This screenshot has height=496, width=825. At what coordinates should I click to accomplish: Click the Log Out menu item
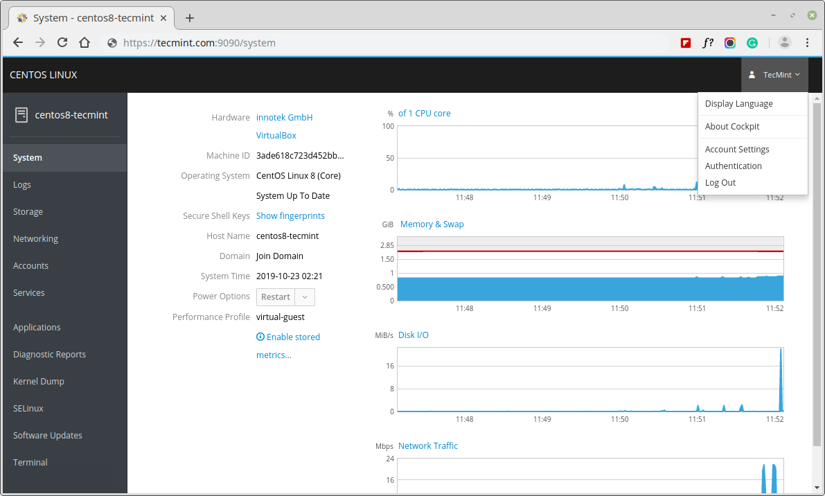tap(720, 183)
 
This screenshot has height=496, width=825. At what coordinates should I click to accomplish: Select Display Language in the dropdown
tap(738, 104)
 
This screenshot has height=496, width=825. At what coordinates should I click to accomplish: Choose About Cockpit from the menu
tap(732, 127)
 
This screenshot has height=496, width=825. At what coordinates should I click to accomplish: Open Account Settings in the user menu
tap(737, 150)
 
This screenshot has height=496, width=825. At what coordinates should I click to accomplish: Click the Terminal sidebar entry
tap(30, 463)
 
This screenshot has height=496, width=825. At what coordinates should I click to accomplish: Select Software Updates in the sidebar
tap(48, 436)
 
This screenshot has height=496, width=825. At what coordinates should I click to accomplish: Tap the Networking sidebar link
tap(35, 239)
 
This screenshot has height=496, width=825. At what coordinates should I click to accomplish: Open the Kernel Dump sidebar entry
tap(39, 382)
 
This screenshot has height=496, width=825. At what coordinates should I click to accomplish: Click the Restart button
tap(276, 297)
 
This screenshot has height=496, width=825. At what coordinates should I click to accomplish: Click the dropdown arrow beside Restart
tap(305, 297)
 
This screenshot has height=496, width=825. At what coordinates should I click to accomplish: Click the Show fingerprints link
tap(290, 216)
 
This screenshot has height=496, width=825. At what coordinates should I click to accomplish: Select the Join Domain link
tap(280, 256)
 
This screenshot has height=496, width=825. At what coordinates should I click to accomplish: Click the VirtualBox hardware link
tap(276, 136)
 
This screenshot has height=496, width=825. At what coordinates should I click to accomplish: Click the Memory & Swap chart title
tap(432, 224)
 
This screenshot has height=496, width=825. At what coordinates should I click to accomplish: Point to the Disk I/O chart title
tap(414, 335)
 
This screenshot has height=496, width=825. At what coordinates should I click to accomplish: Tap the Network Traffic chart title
tap(428, 446)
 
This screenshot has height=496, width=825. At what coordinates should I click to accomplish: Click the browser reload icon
tap(62, 42)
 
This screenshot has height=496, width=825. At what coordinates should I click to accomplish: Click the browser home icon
tap(85, 42)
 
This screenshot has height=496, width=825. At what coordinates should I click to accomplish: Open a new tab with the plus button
tap(190, 18)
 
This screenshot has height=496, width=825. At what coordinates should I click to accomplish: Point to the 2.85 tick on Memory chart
tap(387, 245)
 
